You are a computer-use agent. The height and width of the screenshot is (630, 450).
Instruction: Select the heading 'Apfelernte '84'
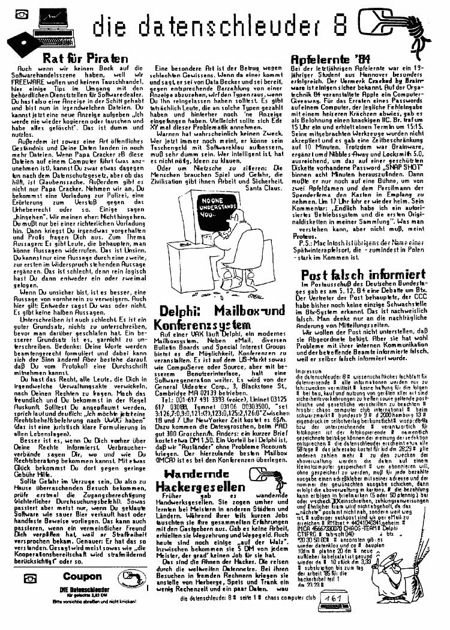click(327, 59)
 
